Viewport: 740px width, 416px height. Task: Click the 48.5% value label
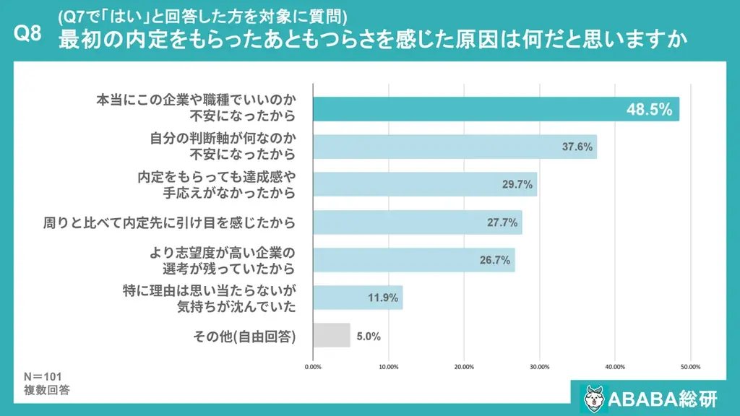(x=649, y=110)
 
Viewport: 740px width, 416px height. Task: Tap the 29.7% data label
(x=517, y=184)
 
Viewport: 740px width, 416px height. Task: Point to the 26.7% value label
(x=496, y=260)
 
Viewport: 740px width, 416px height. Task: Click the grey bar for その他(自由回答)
(x=331, y=335)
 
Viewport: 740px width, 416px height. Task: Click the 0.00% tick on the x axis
(x=313, y=366)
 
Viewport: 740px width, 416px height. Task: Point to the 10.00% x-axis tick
(x=388, y=366)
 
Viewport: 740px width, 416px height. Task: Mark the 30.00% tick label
(x=539, y=366)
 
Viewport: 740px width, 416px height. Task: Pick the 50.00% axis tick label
(x=690, y=366)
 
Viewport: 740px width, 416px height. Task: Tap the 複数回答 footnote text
(x=47, y=390)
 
